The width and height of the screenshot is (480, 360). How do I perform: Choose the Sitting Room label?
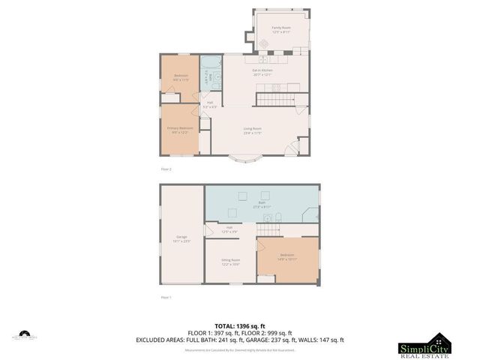point(230,262)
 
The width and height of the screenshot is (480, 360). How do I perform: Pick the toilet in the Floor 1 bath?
point(277,218)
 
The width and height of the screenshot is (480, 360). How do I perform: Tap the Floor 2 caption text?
point(166,169)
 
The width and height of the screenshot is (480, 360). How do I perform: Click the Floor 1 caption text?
point(166,298)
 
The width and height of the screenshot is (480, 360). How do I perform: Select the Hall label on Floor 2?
point(210,104)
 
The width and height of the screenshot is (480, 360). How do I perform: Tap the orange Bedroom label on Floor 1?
point(287,256)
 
